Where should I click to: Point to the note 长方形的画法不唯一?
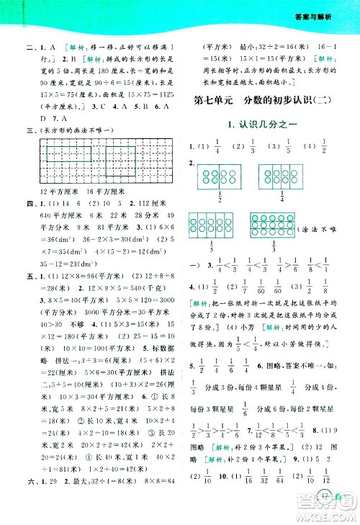pyautogui.click(x=76, y=130)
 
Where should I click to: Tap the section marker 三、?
pyautogui.click(x=29, y=130)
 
